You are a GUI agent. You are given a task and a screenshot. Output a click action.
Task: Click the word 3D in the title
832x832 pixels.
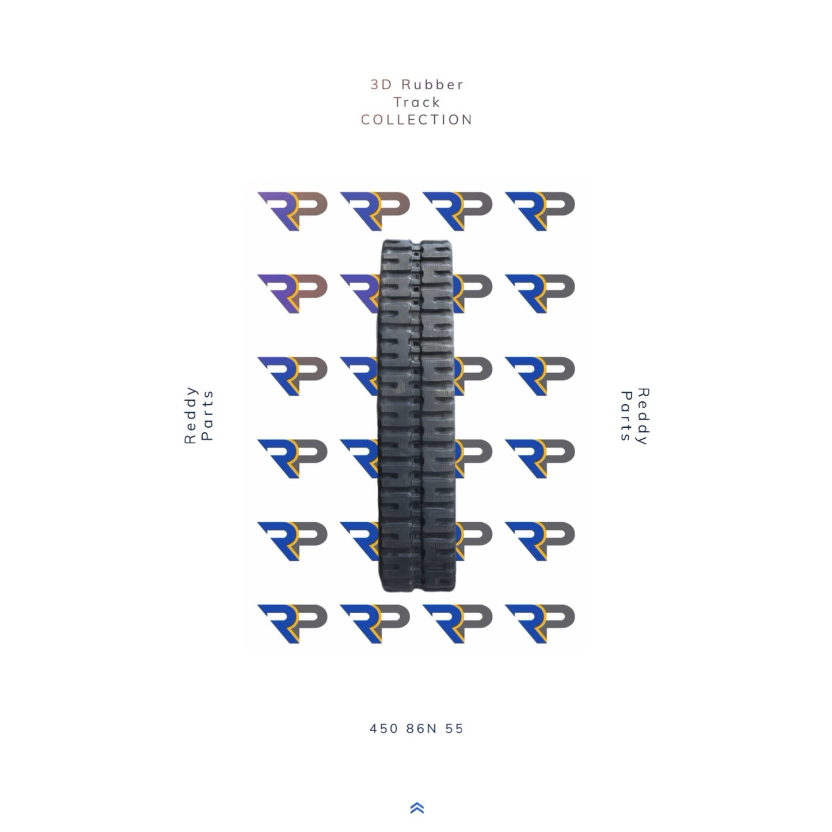pos(381,85)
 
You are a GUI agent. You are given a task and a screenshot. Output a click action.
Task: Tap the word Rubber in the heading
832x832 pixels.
pos(432,85)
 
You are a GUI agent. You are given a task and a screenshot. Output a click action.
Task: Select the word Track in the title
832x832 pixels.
pos(416,102)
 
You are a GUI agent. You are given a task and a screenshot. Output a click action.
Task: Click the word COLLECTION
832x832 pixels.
pos(416,120)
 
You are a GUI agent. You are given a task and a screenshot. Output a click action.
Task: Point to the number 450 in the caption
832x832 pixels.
pos(383,728)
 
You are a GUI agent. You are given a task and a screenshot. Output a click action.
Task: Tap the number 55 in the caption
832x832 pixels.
pos(454,728)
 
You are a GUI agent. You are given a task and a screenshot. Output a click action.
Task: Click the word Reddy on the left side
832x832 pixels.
pos(191,415)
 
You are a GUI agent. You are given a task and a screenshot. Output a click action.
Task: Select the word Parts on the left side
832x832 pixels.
pos(208,415)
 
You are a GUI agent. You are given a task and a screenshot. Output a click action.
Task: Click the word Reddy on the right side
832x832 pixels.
pos(643,416)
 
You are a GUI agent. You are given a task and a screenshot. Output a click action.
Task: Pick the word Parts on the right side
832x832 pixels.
pos(625,416)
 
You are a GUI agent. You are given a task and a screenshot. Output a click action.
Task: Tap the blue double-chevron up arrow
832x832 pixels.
pos(417,808)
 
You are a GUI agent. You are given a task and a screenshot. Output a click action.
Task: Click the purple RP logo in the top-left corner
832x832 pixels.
pos(292,210)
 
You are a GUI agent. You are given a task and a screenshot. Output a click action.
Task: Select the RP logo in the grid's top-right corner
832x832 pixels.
pos(540,210)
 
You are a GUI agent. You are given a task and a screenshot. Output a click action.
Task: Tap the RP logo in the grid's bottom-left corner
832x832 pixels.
pos(292,623)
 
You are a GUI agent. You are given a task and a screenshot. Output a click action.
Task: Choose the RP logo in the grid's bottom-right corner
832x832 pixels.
pos(540,623)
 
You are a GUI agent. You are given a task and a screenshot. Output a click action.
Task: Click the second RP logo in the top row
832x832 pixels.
pos(375,210)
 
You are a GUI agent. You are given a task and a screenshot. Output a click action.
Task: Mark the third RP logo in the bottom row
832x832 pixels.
pos(458,623)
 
